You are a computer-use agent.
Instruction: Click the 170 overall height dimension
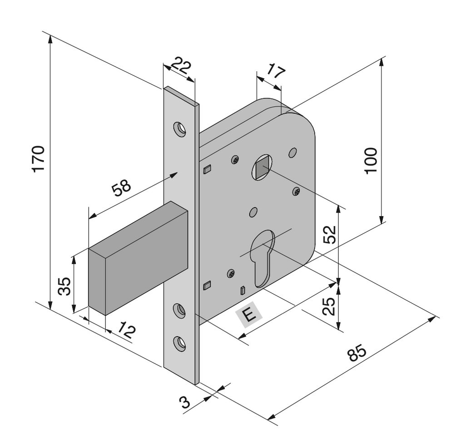[39, 158]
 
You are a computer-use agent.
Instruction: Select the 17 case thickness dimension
[276, 71]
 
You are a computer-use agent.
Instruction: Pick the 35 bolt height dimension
[64, 286]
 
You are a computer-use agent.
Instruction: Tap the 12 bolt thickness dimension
[127, 330]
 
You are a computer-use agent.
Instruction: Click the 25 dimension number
[329, 306]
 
